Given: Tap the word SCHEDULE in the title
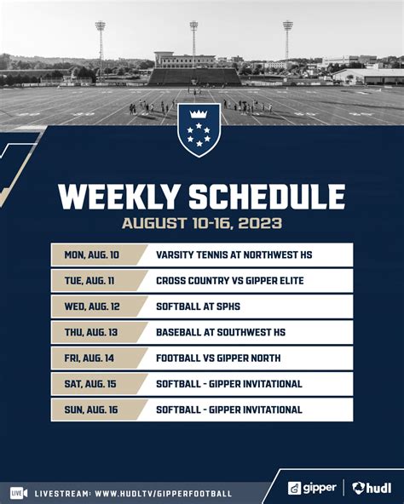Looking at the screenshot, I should (x=266, y=198).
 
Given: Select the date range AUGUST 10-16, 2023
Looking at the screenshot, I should (x=201, y=225).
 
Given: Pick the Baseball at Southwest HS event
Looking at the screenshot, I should (x=220, y=332).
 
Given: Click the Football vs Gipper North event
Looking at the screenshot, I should (x=217, y=358).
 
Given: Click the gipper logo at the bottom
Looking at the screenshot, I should (x=311, y=488).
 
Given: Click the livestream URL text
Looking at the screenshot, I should (x=163, y=493).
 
